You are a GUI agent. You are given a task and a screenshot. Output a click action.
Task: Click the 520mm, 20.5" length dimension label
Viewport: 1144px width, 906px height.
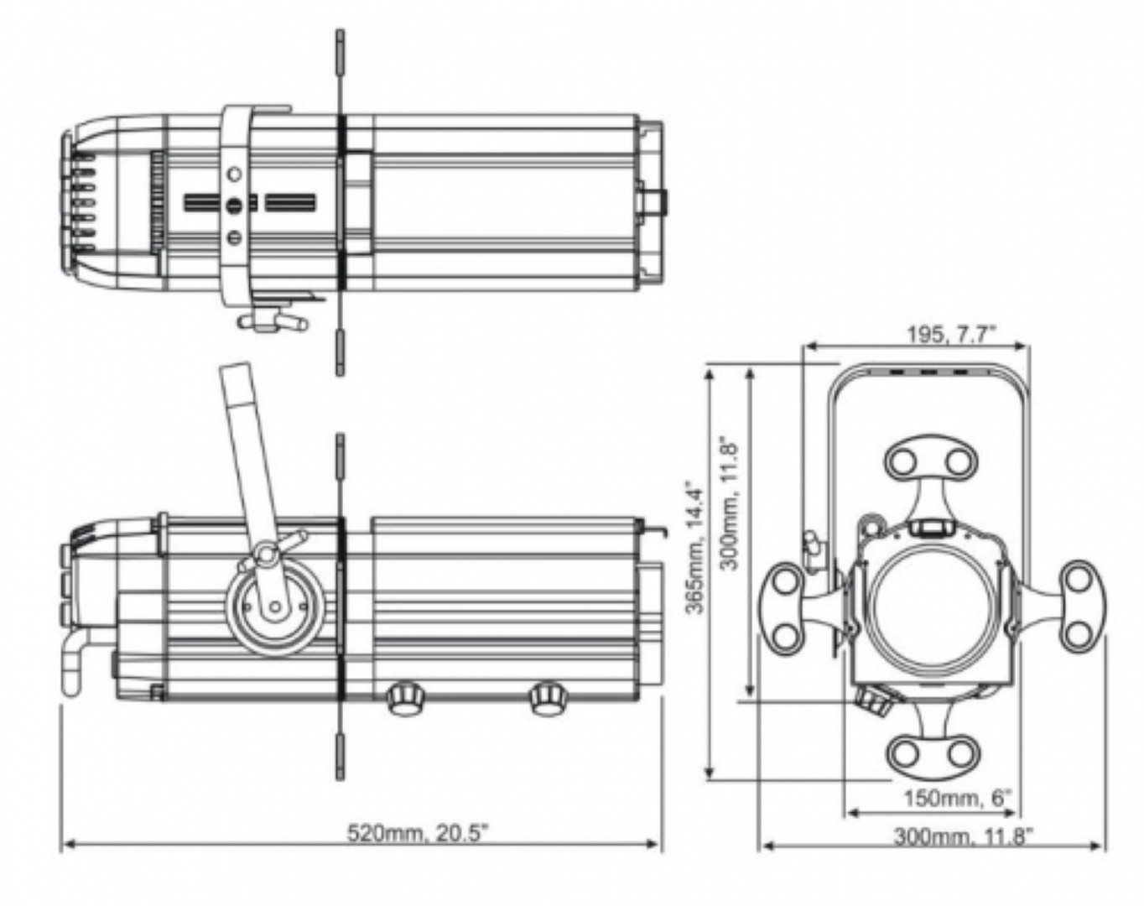pos(418,833)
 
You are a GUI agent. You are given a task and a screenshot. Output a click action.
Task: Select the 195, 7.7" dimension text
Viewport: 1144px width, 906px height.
pos(950,335)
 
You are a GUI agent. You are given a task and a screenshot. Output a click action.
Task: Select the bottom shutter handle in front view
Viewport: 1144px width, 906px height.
pos(931,744)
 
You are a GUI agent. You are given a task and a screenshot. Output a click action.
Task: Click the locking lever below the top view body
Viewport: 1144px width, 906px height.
pos(272,321)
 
